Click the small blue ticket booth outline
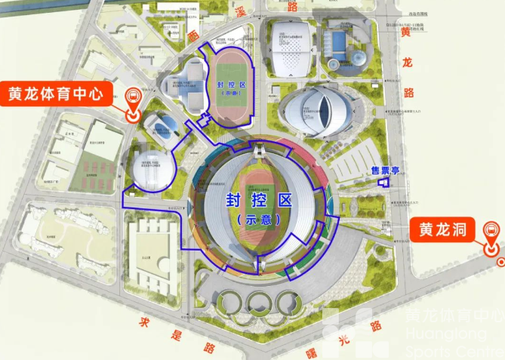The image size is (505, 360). pyautogui.click(x=382, y=182)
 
